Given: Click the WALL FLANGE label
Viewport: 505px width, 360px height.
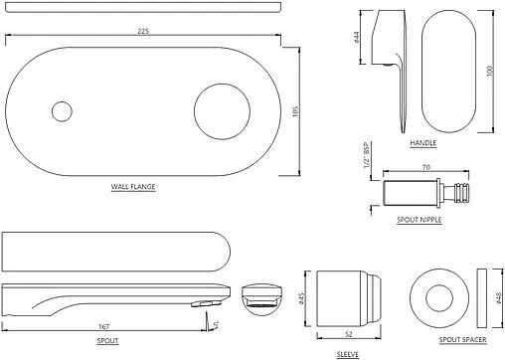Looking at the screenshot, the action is (133, 187).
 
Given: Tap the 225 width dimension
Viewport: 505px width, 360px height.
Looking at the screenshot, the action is (143, 31).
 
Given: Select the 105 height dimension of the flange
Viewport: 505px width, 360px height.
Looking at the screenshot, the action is (296, 111).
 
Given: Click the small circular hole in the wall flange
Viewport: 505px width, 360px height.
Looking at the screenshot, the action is (62, 111).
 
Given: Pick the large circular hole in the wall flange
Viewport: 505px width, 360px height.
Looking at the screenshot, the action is (222, 111).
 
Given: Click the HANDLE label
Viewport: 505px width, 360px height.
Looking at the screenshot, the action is (423, 143).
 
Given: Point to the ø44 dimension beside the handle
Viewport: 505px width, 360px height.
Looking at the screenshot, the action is (356, 37).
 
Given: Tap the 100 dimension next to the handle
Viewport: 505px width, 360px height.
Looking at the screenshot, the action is (490, 72).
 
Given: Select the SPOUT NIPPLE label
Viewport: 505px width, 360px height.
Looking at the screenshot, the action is (420, 220).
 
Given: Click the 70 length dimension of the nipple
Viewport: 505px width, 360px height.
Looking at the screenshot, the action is (426, 167).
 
